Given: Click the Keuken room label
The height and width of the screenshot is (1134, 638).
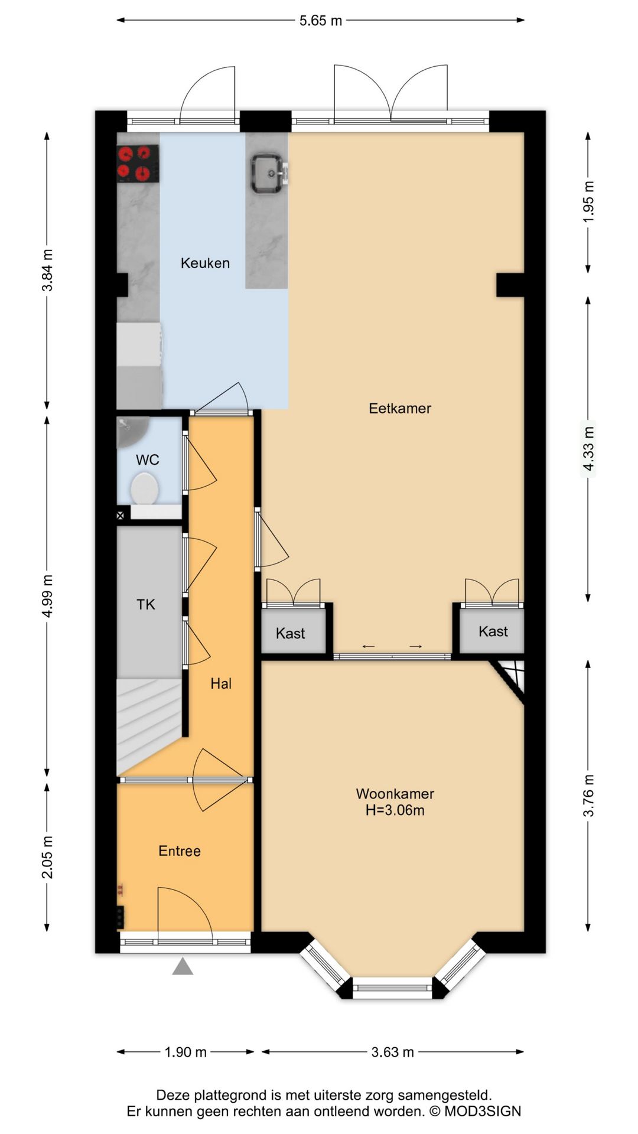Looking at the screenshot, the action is pyautogui.click(x=205, y=263).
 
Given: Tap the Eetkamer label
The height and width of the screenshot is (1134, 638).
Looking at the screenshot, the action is pyautogui.click(x=400, y=408).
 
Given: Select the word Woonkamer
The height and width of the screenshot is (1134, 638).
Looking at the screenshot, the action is pyautogui.click(x=395, y=794).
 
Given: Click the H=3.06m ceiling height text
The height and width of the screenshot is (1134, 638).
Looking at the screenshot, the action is pyautogui.click(x=395, y=810).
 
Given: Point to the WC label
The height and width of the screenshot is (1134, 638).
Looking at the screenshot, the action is pyautogui.click(x=148, y=460).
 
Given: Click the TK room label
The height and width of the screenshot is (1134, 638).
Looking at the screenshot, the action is pyautogui.click(x=146, y=604).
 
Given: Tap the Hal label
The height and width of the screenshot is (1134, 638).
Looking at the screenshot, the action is pyautogui.click(x=221, y=683).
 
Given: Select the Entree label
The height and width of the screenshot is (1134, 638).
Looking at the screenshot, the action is pyautogui.click(x=180, y=850).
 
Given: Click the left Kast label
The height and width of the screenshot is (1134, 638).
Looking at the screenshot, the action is pyautogui.click(x=290, y=633).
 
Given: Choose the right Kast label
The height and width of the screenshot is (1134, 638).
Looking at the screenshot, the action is pyautogui.click(x=493, y=631).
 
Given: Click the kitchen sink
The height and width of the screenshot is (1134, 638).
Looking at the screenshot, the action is pyautogui.click(x=269, y=174).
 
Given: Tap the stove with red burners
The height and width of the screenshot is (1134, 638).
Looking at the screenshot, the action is pyautogui.click(x=138, y=164).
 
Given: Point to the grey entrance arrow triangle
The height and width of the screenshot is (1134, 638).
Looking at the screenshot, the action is pyautogui.click(x=183, y=966).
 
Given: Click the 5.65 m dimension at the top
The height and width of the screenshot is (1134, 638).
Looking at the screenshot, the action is pyautogui.click(x=321, y=21).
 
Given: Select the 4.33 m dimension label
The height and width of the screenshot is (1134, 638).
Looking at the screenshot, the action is pyautogui.click(x=588, y=449).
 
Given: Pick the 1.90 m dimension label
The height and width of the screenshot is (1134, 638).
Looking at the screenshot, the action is pyautogui.click(x=185, y=1052).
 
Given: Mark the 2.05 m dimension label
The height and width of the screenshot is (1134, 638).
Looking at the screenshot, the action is pyautogui.click(x=47, y=857).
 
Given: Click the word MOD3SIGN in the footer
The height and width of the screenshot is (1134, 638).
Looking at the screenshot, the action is pyautogui.click(x=483, y=1111).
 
